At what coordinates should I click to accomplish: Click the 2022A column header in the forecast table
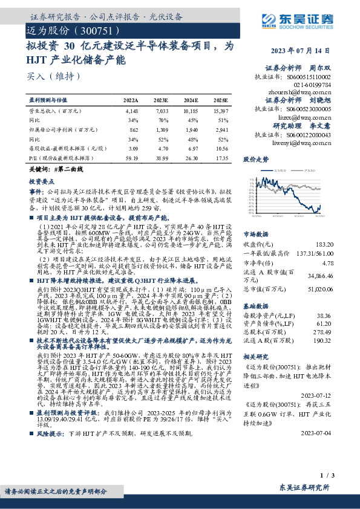pos(131,100)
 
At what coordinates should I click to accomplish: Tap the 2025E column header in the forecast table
pos(221,100)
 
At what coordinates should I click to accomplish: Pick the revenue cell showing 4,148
pos(131,111)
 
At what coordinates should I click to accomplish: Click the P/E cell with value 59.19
pos(131,157)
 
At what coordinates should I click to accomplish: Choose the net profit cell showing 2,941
pos(221,129)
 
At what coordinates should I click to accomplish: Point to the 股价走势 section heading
pos(255,160)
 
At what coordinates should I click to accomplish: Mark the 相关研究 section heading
pos(255,357)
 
